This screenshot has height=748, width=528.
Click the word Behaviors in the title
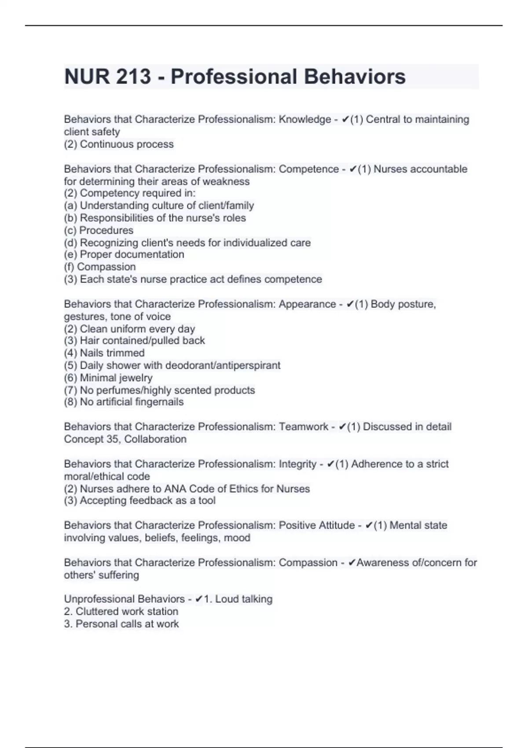click(x=355, y=77)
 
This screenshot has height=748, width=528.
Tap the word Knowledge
click(x=305, y=120)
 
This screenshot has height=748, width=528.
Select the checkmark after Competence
click(x=353, y=169)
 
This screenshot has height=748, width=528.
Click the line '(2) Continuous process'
click(x=119, y=144)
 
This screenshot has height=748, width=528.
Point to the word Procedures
click(x=106, y=231)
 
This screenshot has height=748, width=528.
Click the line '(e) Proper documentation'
click(x=124, y=255)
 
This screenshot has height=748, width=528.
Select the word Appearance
click(x=307, y=304)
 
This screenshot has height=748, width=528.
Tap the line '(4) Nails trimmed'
click(x=104, y=353)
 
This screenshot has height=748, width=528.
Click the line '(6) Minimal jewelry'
click(x=108, y=378)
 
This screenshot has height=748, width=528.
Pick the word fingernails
click(x=159, y=402)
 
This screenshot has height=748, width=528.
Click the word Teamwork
click(x=304, y=427)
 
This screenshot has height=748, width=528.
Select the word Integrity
click(x=298, y=464)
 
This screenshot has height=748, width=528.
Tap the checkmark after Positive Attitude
click(x=369, y=525)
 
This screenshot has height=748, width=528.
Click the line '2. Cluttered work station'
click(x=121, y=612)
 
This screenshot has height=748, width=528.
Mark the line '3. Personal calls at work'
click(x=121, y=624)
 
